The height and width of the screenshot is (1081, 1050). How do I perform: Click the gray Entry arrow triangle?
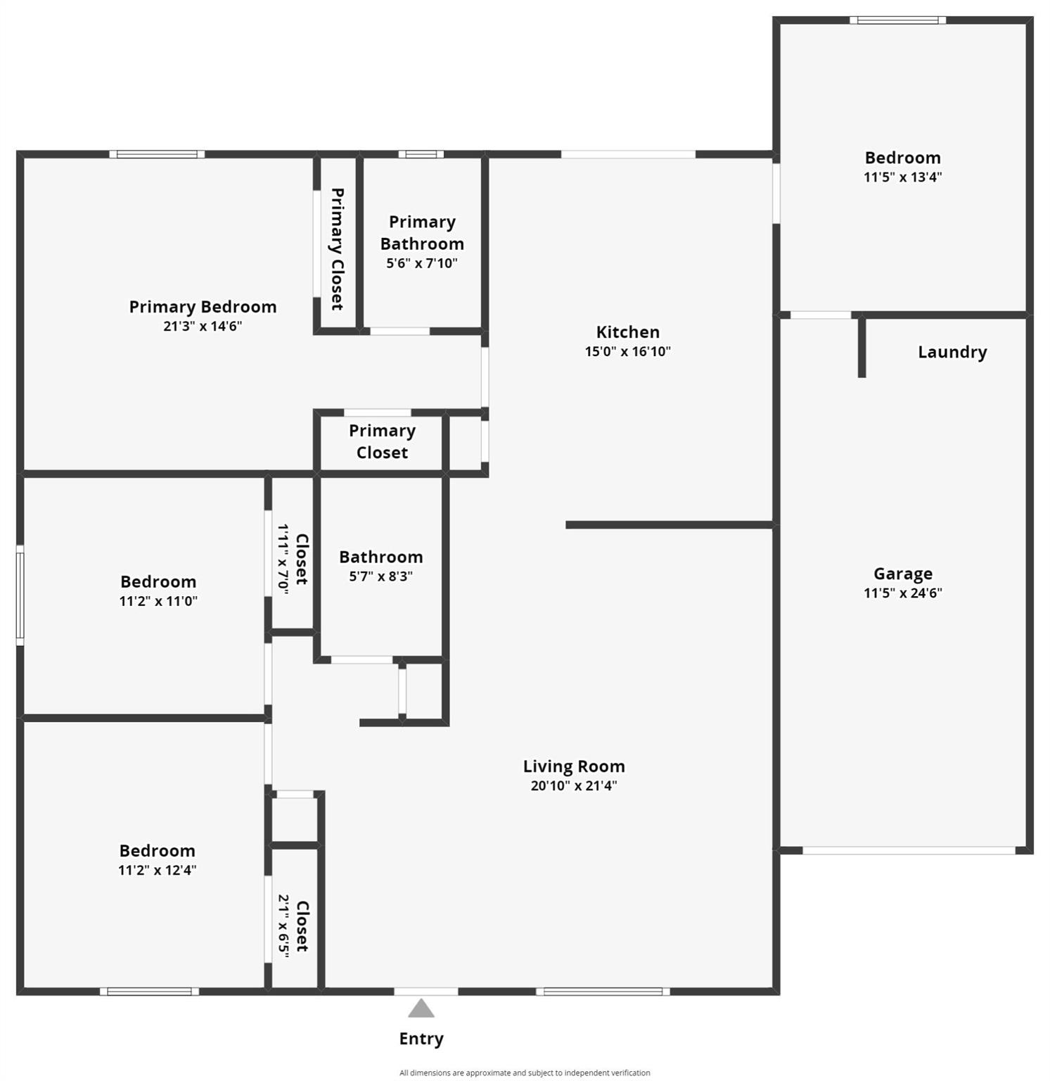pyautogui.click(x=421, y=1009)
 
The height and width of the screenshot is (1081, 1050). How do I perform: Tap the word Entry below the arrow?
pyautogui.click(x=421, y=1039)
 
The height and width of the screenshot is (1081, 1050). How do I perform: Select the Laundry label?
pyautogui.click(x=952, y=352)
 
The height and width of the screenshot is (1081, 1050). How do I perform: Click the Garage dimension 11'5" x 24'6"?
pyautogui.click(x=903, y=593)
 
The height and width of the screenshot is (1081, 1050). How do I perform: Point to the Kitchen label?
pyautogui.click(x=628, y=332)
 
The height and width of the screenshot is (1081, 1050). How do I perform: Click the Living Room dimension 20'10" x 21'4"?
pyautogui.click(x=574, y=785)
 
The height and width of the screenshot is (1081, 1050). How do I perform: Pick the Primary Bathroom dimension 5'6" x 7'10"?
pyautogui.click(x=422, y=263)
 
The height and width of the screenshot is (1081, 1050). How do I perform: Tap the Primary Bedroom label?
pyautogui.click(x=203, y=307)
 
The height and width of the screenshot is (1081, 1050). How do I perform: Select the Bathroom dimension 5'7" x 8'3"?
pyautogui.click(x=381, y=576)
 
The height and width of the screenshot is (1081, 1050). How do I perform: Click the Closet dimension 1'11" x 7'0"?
pyautogui.click(x=283, y=559)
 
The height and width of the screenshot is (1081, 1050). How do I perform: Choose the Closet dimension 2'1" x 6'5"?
pyautogui.click(x=283, y=926)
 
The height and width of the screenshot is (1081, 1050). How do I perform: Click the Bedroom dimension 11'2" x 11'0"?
pyautogui.click(x=158, y=601)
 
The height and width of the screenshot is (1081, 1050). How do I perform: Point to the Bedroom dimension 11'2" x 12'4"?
pyautogui.click(x=158, y=870)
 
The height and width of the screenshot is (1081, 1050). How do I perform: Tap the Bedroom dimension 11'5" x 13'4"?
pyautogui.click(x=903, y=177)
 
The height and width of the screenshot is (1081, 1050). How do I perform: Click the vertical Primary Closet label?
pyautogui.click(x=338, y=248)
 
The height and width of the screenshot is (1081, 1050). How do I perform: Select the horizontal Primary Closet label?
pyautogui.click(x=382, y=441)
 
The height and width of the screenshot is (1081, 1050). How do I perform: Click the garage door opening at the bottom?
pyautogui.click(x=909, y=850)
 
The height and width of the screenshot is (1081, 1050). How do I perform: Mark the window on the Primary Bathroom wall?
pyautogui.click(x=421, y=154)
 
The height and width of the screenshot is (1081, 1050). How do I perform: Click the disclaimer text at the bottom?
pyautogui.click(x=525, y=1073)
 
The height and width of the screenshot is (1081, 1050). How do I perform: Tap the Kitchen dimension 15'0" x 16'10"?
pyautogui.click(x=628, y=351)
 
